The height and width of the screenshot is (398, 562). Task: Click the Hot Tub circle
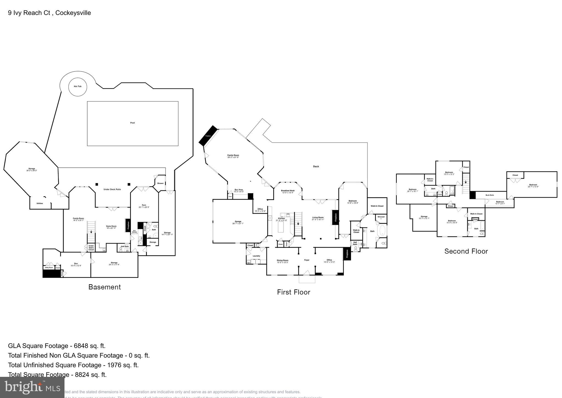point(78,87)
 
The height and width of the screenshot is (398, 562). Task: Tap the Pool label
point(133,123)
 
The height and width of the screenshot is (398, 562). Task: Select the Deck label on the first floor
point(316,166)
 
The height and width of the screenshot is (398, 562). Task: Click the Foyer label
point(307,260)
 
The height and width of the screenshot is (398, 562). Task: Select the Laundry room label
point(256,256)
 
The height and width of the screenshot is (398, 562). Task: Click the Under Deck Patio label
point(112,189)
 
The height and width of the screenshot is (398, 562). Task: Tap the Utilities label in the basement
point(40,203)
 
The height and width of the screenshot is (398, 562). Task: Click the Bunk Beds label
point(490,195)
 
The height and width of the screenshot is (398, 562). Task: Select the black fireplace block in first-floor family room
point(208,136)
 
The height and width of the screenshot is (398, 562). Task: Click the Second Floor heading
point(466,251)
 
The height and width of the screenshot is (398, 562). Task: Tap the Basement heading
point(105,287)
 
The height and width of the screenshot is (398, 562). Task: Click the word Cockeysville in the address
point(73,13)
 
